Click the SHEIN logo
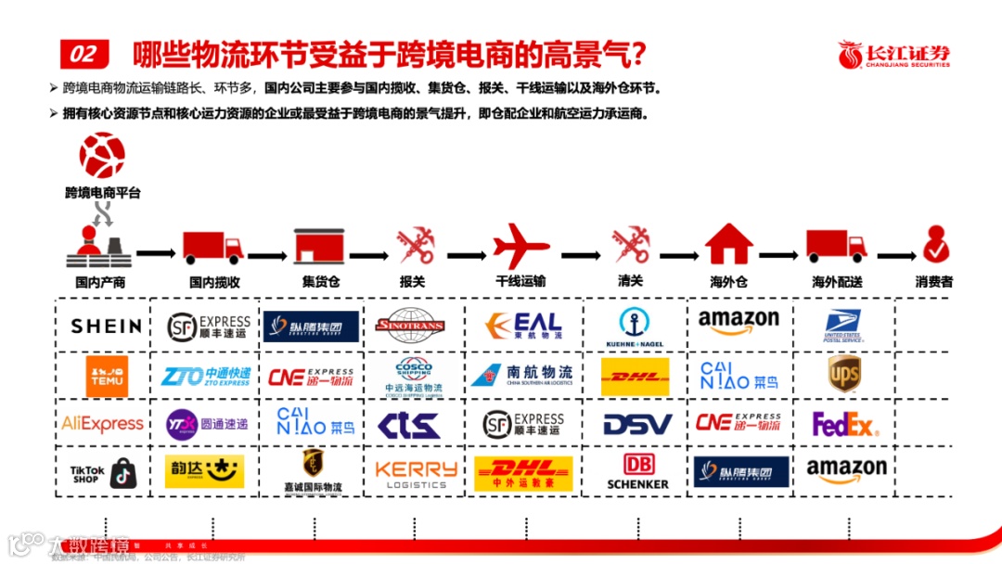[106, 326]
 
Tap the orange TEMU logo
[107, 376]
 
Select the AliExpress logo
[102, 424]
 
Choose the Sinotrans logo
[410, 326]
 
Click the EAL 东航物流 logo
[524, 326]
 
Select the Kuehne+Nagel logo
[635, 327]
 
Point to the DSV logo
[637, 425]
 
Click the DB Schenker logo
[637, 472]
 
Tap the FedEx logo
[843, 425]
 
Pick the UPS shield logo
[843, 374]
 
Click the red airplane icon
[520, 247]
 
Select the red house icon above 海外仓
[728, 245]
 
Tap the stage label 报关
[412, 281]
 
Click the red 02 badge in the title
[83, 54]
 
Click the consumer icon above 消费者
[934, 245]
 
